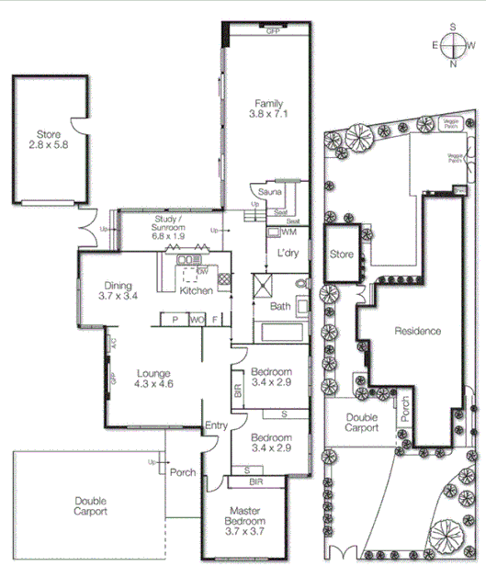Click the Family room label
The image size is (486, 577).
point(268,103)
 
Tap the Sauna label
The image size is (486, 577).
point(269,192)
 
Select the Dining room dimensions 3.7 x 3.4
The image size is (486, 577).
point(119,297)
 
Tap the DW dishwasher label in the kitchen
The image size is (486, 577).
point(201,273)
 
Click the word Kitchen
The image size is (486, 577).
point(197,290)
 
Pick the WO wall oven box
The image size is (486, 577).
point(196,320)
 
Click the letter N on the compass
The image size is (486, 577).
point(454,63)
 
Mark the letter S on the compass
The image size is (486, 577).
point(454,27)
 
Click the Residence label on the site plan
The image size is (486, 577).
point(418,331)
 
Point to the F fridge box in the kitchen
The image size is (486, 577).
point(215,320)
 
